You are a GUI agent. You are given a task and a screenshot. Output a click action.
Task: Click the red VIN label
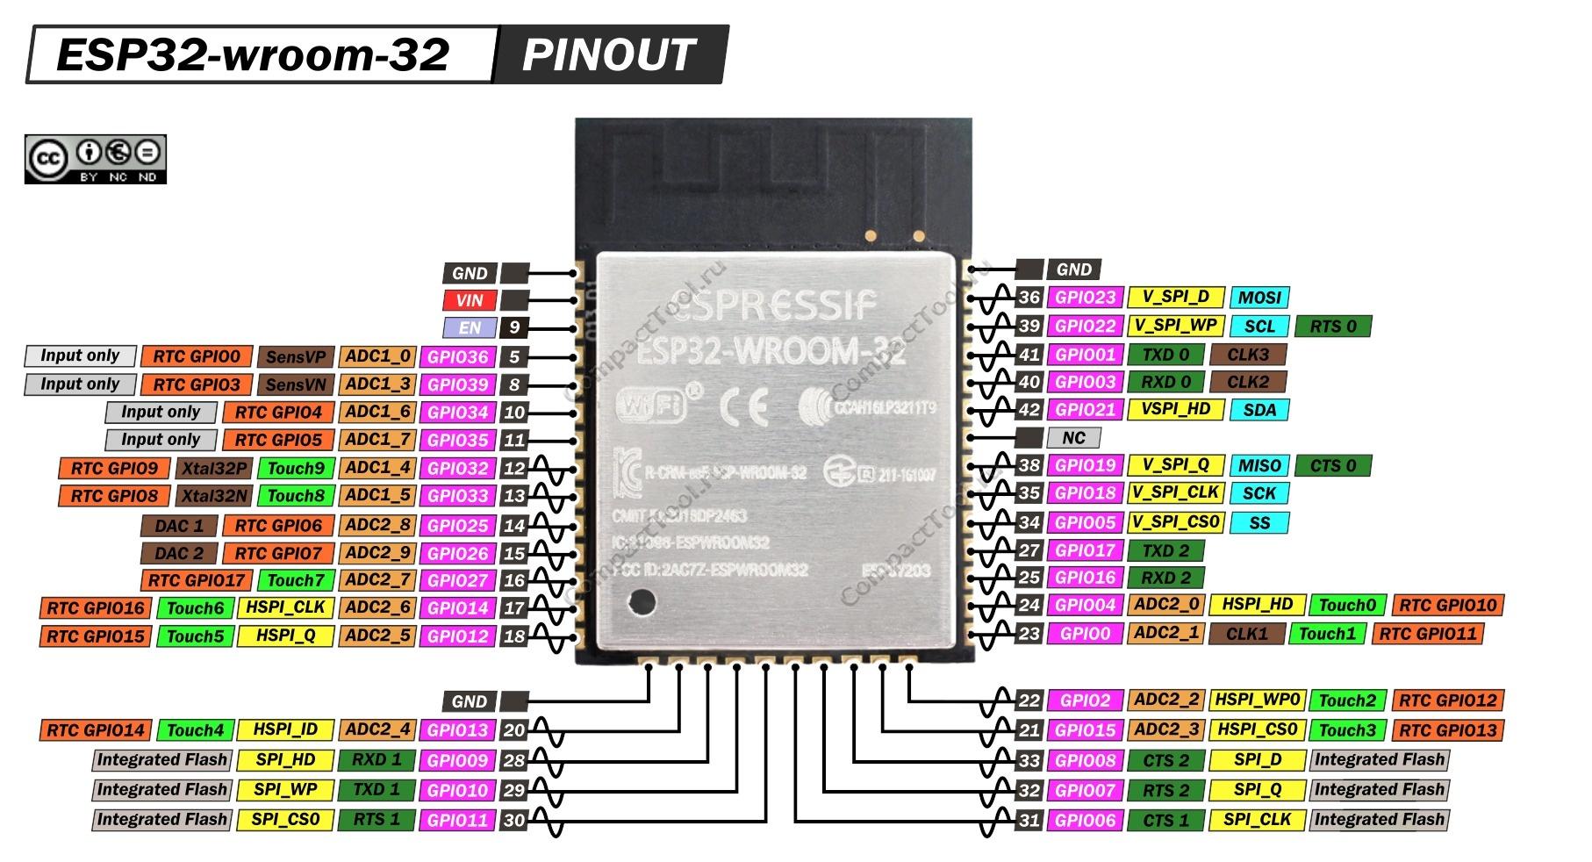click(470, 300)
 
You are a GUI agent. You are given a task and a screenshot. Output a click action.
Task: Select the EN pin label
click(470, 328)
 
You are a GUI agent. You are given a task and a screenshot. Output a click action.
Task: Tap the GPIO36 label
click(457, 357)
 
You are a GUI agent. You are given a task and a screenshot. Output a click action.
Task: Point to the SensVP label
click(296, 357)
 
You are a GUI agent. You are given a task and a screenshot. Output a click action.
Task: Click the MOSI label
click(1259, 298)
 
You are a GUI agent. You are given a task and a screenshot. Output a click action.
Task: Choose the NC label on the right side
click(1073, 437)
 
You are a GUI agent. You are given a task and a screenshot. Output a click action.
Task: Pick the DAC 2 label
click(179, 553)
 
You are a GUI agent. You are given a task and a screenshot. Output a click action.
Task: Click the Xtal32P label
click(215, 468)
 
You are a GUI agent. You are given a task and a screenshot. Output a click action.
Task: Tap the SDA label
click(1259, 409)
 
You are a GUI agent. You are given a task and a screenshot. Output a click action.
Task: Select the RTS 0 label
click(1333, 326)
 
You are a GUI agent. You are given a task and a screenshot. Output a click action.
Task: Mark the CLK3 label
click(1248, 355)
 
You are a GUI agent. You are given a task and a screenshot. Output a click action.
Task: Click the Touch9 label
click(296, 468)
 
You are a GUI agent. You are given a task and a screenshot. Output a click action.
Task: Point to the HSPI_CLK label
click(285, 607)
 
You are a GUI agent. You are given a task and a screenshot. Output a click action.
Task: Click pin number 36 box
click(1029, 298)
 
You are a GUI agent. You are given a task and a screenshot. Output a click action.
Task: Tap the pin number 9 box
click(514, 328)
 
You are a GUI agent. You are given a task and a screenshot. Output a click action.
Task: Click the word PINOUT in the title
click(608, 55)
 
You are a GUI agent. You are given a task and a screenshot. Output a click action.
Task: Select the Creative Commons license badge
click(95, 159)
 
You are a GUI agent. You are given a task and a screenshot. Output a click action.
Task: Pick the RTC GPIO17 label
click(196, 580)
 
